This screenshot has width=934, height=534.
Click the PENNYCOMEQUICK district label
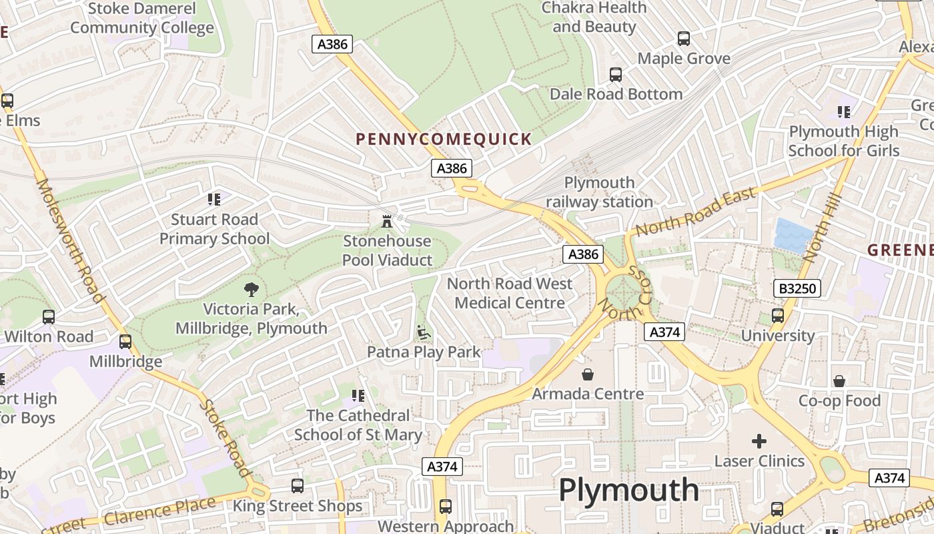444,140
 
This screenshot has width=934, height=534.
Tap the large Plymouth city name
628,490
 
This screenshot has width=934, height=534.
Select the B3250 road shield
797,288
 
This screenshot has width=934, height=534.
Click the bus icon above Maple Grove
684,39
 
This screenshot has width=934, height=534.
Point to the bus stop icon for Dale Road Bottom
616,75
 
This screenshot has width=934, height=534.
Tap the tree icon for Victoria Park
251,289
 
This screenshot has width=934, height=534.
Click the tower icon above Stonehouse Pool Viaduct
387,221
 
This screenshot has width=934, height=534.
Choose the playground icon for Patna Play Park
423,332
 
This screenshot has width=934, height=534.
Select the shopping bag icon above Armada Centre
588,374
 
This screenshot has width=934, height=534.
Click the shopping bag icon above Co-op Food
839,381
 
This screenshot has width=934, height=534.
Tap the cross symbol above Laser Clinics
759,441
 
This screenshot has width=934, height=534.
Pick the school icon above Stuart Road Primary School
214,199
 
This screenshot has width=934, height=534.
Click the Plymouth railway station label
599,192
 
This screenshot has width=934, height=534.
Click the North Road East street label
695,212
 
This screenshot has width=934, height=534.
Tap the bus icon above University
777,316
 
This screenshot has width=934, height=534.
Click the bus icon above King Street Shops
298,486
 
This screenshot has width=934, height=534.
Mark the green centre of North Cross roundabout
624,292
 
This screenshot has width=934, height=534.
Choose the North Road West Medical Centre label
510,293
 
